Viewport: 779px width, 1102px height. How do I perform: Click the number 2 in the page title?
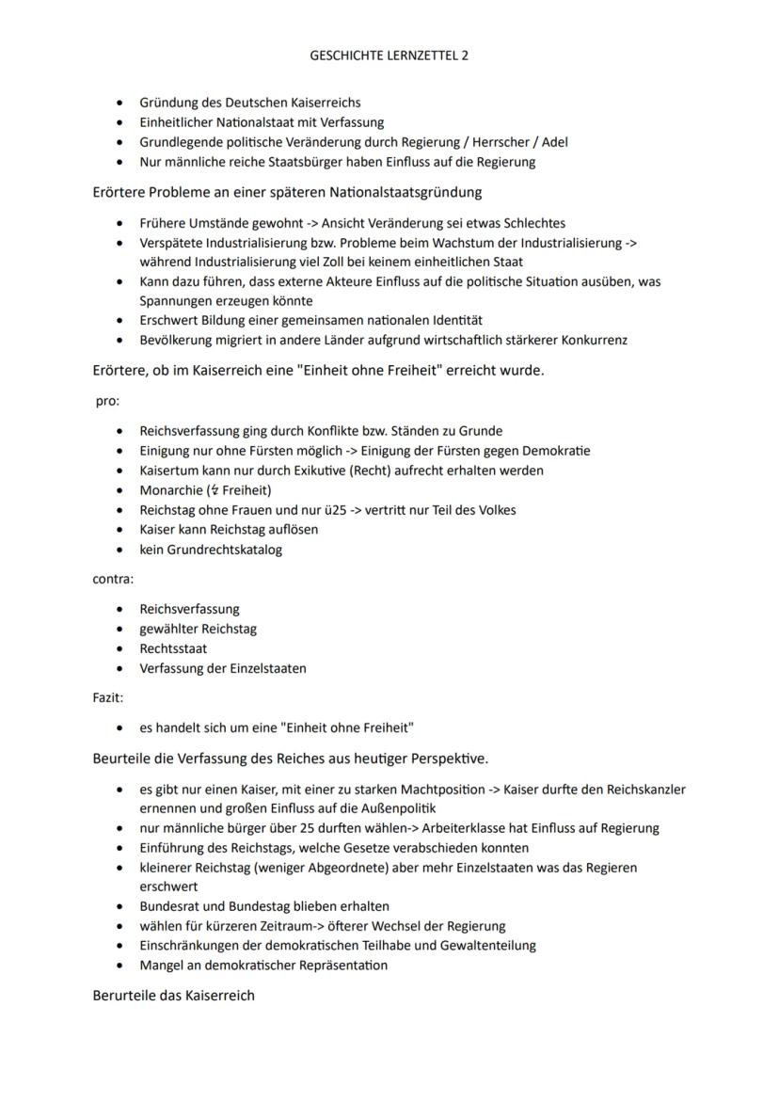pos(465,56)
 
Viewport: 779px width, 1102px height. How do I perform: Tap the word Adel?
pos(555,142)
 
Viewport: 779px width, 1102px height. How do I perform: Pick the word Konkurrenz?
pos(592,341)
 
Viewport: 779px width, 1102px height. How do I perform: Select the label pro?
pos(106,401)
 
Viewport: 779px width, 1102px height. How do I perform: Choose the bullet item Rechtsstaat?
pos(174,648)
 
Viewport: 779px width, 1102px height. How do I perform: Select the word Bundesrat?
pos(169,906)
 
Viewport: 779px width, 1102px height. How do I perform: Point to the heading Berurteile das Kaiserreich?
pos(174,996)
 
